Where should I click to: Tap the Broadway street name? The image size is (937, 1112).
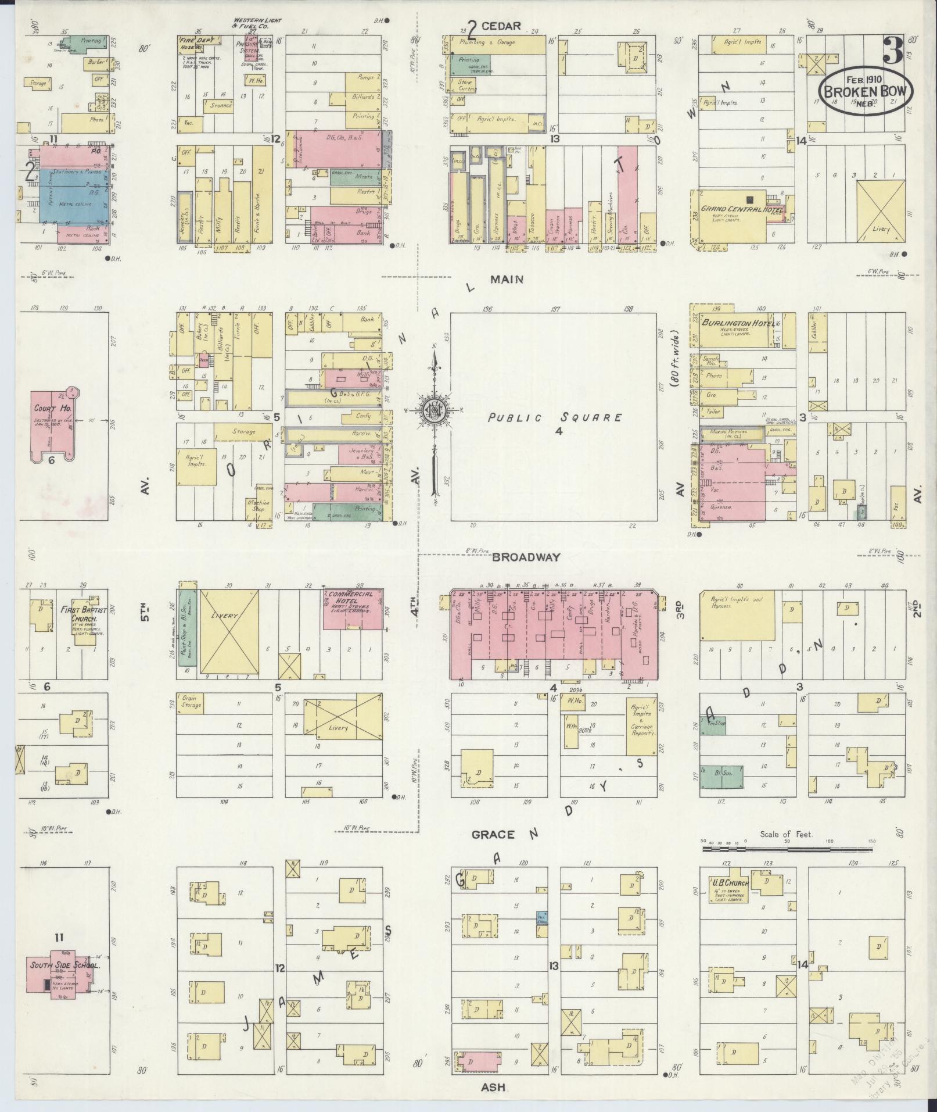pos(526,556)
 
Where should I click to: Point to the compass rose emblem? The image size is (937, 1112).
pos(433,410)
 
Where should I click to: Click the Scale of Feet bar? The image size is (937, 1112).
pos(787,849)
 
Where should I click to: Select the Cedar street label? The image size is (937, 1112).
pos(501,26)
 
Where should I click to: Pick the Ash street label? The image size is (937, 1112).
pos(493,1087)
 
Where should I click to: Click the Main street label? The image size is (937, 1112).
pos(507,279)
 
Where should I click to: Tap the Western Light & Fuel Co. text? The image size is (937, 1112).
pos(256,23)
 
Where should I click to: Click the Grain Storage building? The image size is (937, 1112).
pos(191,702)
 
